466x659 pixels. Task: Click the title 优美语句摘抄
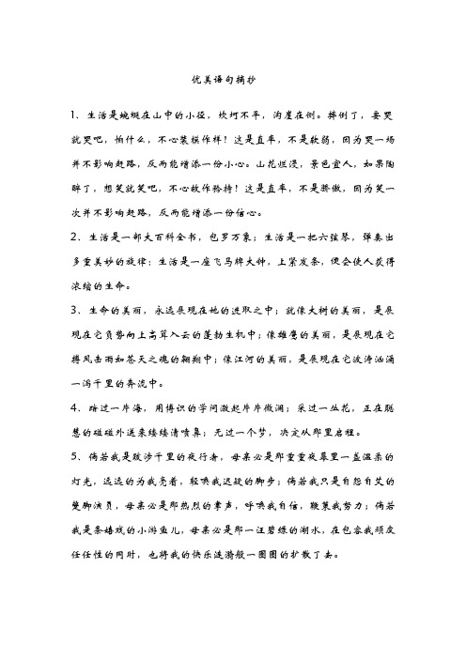(233, 83)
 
